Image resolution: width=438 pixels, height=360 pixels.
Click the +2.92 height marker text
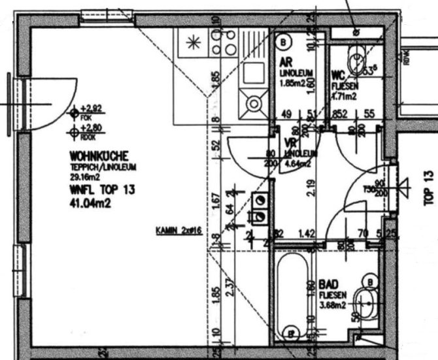click(x=90, y=108)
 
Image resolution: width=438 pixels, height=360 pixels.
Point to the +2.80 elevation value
click(x=90, y=128)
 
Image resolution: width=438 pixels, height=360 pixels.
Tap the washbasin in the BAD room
click(x=365, y=303)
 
